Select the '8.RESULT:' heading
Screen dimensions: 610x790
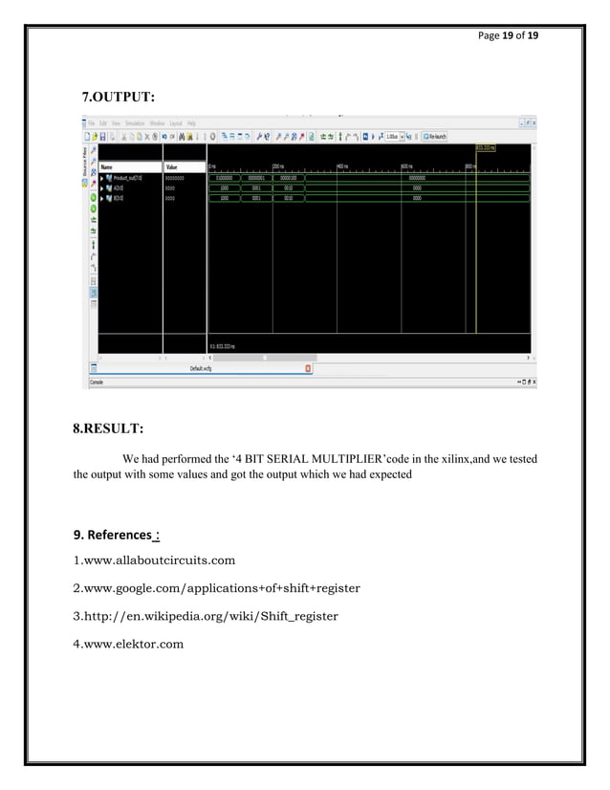[115, 428]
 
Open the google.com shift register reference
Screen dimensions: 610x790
[217, 587]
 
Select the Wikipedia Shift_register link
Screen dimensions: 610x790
[206, 616]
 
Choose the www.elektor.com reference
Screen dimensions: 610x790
[128, 644]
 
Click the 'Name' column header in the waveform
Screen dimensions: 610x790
[107, 166]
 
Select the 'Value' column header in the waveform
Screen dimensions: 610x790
[173, 166]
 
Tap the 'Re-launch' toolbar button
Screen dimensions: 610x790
[438, 136]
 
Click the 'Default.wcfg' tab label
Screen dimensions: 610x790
[201, 366]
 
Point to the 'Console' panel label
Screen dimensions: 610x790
[97, 382]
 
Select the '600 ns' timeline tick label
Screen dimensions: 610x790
[406, 166]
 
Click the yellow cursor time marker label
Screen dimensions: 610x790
[487, 148]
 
